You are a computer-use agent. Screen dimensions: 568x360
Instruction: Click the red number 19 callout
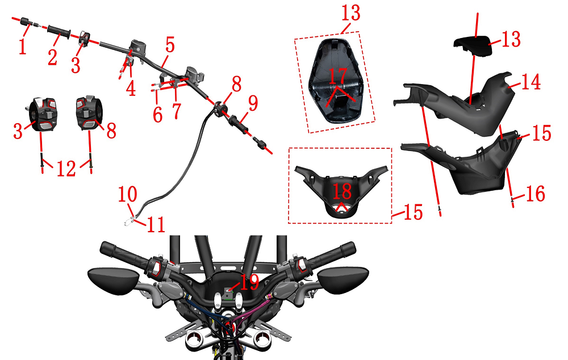click(249, 282)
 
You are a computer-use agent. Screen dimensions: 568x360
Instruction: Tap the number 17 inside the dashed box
click(337, 76)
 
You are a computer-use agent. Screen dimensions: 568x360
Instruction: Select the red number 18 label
click(342, 191)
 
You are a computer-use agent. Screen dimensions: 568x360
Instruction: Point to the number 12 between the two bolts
click(66, 169)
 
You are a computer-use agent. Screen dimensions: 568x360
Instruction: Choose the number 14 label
click(531, 82)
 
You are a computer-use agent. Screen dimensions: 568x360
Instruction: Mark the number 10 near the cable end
click(127, 194)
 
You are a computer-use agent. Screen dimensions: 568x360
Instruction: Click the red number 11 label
click(156, 224)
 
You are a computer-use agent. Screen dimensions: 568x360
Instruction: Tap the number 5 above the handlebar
click(170, 45)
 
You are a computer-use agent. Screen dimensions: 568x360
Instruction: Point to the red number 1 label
click(23, 47)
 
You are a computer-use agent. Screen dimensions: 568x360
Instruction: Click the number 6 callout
click(157, 115)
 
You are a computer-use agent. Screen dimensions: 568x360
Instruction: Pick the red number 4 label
click(131, 88)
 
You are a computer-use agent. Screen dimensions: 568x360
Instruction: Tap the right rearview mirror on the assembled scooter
click(343, 279)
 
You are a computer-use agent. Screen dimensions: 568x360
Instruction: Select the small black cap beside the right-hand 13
click(473, 47)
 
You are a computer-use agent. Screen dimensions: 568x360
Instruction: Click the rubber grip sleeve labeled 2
click(59, 31)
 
